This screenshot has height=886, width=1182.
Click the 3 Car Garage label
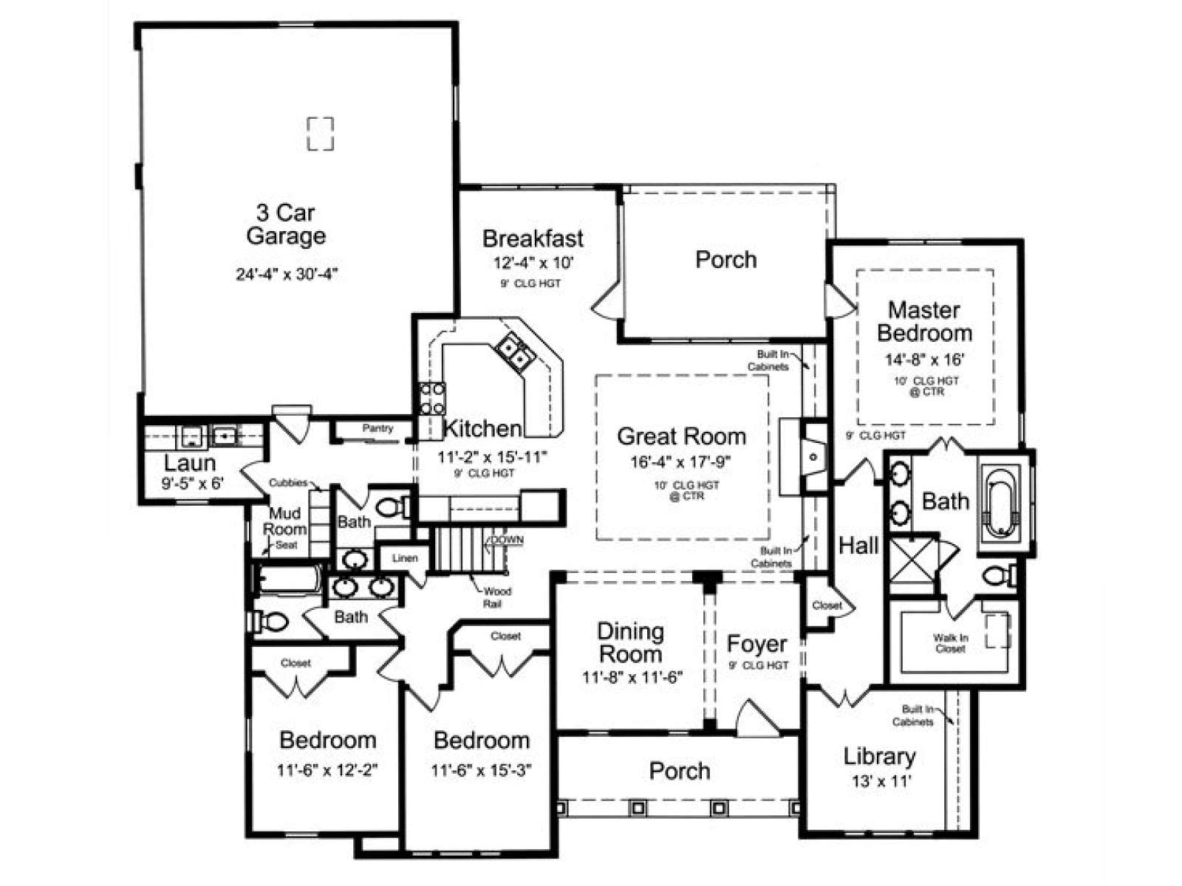point(286,224)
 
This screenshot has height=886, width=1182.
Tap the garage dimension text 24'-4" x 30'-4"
point(287,275)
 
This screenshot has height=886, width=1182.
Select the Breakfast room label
point(533,238)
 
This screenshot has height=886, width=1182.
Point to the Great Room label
point(681,436)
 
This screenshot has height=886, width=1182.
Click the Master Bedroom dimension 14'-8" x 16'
point(925,360)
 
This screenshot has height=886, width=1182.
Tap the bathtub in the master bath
point(1001,503)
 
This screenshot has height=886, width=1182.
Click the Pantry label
point(378,428)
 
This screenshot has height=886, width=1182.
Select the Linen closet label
point(404,558)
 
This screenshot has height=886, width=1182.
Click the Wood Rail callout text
point(496,597)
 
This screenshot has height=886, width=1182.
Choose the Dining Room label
point(630,643)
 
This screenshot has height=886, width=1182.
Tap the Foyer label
point(756,644)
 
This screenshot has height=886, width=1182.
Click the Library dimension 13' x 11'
point(881,780)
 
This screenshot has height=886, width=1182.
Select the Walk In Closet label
point(950,643)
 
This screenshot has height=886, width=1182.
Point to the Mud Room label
point(284,521)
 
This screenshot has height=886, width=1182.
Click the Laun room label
point(190,463)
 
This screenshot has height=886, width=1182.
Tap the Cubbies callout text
point(287,483)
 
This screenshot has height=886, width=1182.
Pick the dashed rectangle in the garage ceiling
point(321,134)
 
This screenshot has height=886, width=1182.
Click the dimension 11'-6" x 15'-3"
point(481,770)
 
